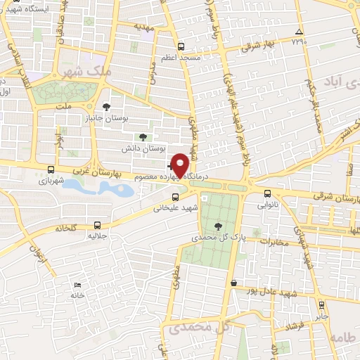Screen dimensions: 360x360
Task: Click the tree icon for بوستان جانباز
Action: click(106, 107)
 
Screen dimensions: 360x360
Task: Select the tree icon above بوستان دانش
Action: click(143, 136)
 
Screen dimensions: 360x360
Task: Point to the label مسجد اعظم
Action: click(181, 57)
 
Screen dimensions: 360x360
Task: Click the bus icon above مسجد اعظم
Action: click(181, 46)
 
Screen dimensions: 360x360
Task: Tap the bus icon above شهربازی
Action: click(51, 169)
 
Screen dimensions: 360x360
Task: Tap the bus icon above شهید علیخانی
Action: click(175, 197)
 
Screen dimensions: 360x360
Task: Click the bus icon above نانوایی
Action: click(267, 194)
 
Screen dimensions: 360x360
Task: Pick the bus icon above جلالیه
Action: click(97, 226)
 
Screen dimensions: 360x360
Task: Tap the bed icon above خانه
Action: click(77, 285)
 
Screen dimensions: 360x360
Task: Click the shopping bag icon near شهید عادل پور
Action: click(233, 283)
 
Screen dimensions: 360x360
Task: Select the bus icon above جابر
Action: click(321, 305)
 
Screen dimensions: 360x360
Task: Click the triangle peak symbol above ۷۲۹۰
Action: click(300, 32)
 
